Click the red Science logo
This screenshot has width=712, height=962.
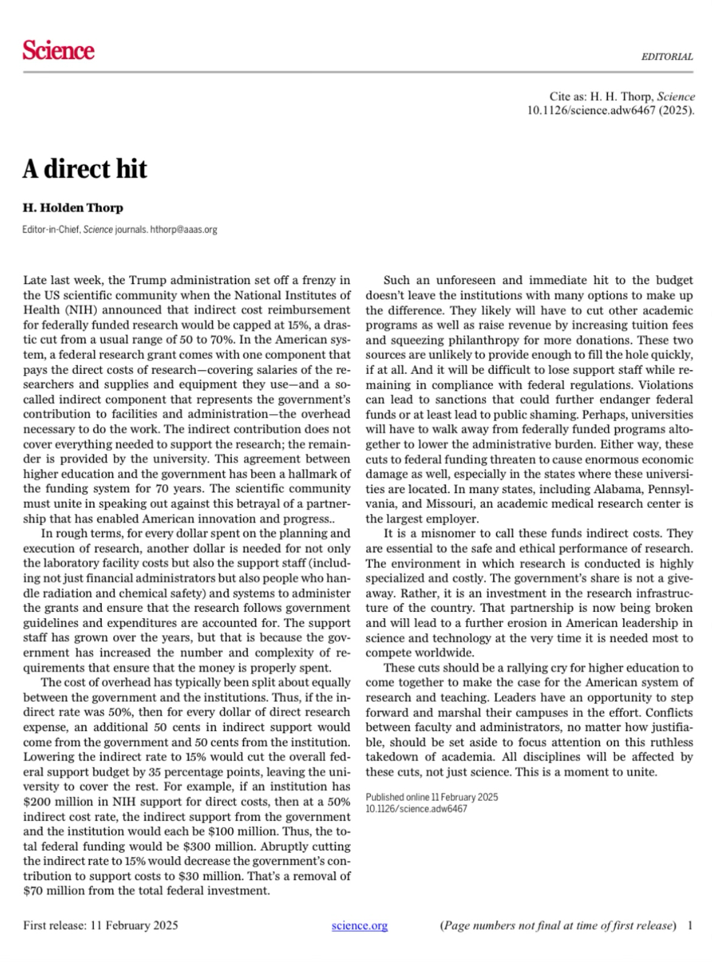58,50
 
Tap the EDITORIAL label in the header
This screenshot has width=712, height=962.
666,57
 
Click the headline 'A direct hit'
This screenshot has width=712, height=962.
85,168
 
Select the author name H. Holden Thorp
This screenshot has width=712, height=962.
73,207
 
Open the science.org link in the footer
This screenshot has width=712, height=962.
360,926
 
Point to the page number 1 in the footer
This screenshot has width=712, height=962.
689,926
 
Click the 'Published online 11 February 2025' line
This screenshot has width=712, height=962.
431,797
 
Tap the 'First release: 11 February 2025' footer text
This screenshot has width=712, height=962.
100,926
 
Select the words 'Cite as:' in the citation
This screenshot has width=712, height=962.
568,96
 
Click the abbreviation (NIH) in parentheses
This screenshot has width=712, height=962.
75,310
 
